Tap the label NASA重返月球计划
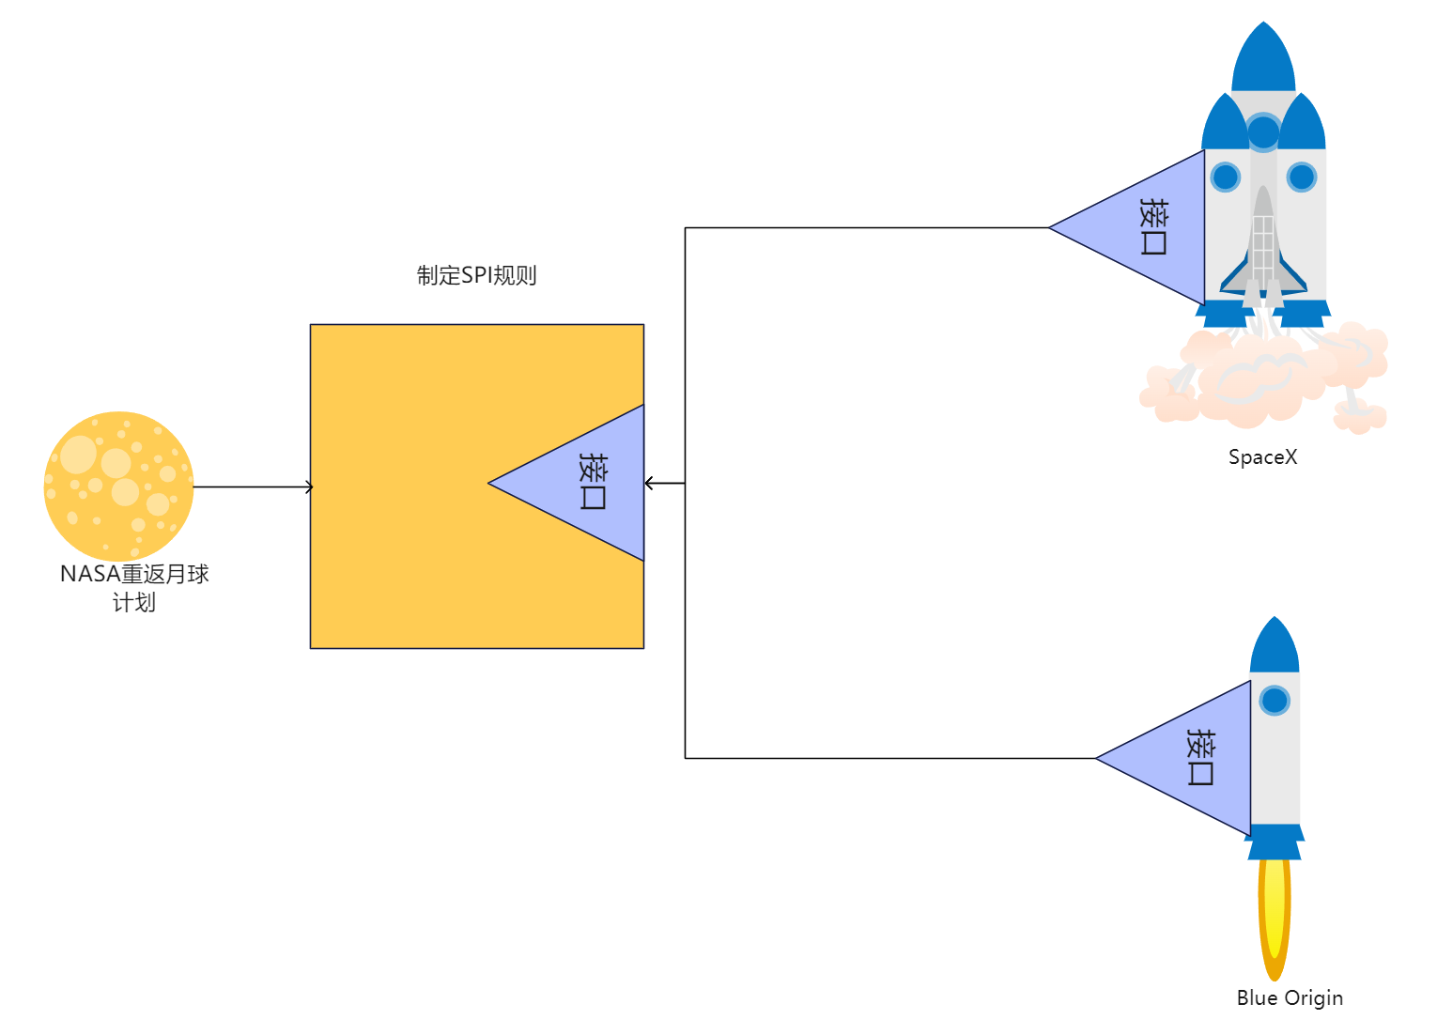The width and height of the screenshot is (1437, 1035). coord(134,588)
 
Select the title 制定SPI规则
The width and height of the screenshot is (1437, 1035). coord(476,275)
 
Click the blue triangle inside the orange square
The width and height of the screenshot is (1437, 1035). coord(587,483)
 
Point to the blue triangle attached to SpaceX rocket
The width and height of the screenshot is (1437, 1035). coord(1146,227)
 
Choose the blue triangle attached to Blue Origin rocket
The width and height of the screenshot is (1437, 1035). coord(1193,758)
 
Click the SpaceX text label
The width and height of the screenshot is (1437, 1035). coord(1262,457)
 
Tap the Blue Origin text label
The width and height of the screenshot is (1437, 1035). coord(1289,998)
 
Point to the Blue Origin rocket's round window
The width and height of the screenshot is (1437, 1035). coord(1275,701)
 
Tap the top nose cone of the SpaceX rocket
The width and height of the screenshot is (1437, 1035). coord(1263,61)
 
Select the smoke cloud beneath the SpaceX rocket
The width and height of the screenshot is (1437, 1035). coord(1263,380)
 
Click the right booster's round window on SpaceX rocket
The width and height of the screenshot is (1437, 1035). coord(1302,177)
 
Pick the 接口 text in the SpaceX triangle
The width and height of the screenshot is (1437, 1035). coord(1153,226)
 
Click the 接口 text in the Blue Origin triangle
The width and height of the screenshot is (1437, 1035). coord(1200,757)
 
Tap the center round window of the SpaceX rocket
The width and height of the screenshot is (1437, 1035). coord(1263,132)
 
